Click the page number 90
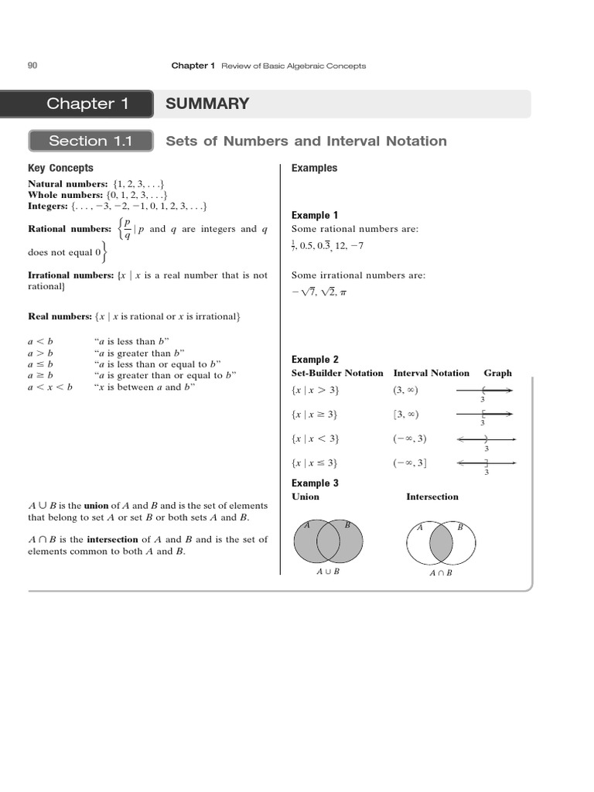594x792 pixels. click(32, 66)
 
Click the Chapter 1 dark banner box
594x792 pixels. click(87, 104)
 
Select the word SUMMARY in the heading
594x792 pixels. click(207, 104)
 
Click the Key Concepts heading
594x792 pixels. click(60, 168)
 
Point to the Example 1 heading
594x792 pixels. click(315, 215)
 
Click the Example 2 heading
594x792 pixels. click(315, 360)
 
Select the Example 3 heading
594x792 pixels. click(315, 483)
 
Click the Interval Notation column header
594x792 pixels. click(431, 373)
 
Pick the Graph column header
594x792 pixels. click(497, 373)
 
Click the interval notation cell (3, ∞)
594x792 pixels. click(405, 391)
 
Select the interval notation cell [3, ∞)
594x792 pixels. click(405, 415)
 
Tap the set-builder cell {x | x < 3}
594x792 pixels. click(315, 439)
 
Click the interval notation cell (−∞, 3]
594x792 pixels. click(409, 463)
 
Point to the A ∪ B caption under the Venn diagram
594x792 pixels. click(328, 572)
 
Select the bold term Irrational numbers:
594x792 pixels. click(71, 275)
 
